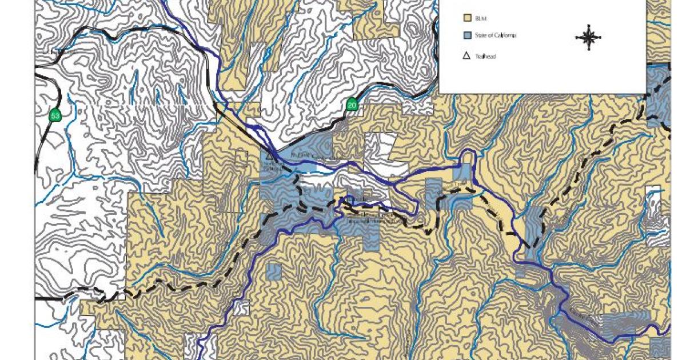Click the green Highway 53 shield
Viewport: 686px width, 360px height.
coord(55,115)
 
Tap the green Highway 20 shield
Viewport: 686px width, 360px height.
coord(352,105)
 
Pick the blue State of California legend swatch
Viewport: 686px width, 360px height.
coord(466,36)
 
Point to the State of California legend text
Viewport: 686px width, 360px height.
coord(496,36)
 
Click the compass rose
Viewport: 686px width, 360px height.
coord(588,38)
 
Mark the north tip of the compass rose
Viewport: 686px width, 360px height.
coord(588,26)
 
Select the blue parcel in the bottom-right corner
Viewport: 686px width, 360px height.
coord(661,345)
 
